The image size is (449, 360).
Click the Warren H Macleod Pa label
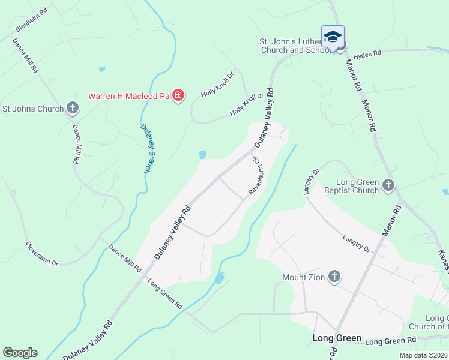coord(128,95)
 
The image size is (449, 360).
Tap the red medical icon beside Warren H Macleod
coord(178,95)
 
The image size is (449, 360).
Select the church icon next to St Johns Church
coord(72,109)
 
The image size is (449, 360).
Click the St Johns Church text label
coord(33,109)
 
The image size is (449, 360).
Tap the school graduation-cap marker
coord(333,37)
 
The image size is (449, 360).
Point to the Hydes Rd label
coord(367,55)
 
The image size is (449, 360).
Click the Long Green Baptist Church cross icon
coord(388,186)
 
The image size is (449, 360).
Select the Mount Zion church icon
coord(334,277)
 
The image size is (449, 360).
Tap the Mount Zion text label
coord(304,278)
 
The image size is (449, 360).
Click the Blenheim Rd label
coord(31,20)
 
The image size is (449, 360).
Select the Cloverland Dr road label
coord(41,254)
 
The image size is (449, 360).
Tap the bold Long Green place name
coord(337,338)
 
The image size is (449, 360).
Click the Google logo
coord(20,353)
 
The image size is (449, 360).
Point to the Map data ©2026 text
coord(423,355)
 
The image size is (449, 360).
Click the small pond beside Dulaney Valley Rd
coord(202,155)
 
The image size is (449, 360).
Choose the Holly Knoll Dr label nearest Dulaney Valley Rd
coord(247,106)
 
